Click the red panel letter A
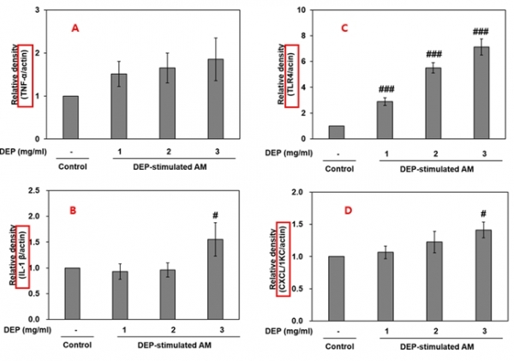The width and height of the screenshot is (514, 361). [x=75, y=28]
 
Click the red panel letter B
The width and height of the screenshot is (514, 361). [x=75, y=208]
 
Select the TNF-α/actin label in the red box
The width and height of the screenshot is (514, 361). [x=27, y=77]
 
